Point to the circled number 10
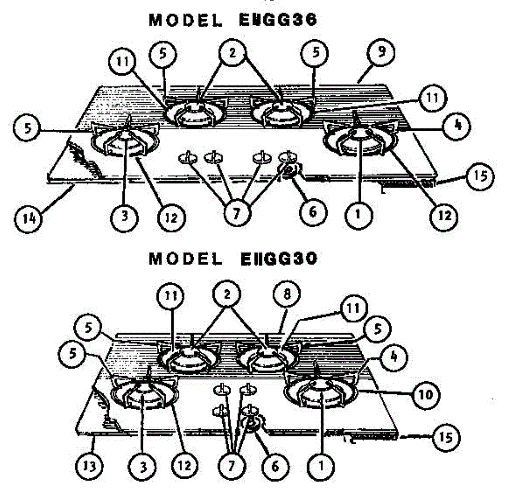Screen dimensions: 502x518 pos(426,395)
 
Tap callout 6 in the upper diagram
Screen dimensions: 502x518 pos(313,211)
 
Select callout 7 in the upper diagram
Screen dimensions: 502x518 pos(236,213)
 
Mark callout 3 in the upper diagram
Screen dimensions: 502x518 pos(125,216)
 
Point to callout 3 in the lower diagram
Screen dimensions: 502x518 pos(144,466)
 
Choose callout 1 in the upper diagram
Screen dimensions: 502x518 pos(357,213)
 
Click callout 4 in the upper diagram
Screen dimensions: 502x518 pos(458,125)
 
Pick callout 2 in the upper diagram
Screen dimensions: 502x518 pos(232,53)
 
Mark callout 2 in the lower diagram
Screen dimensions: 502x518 pos(227,295)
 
